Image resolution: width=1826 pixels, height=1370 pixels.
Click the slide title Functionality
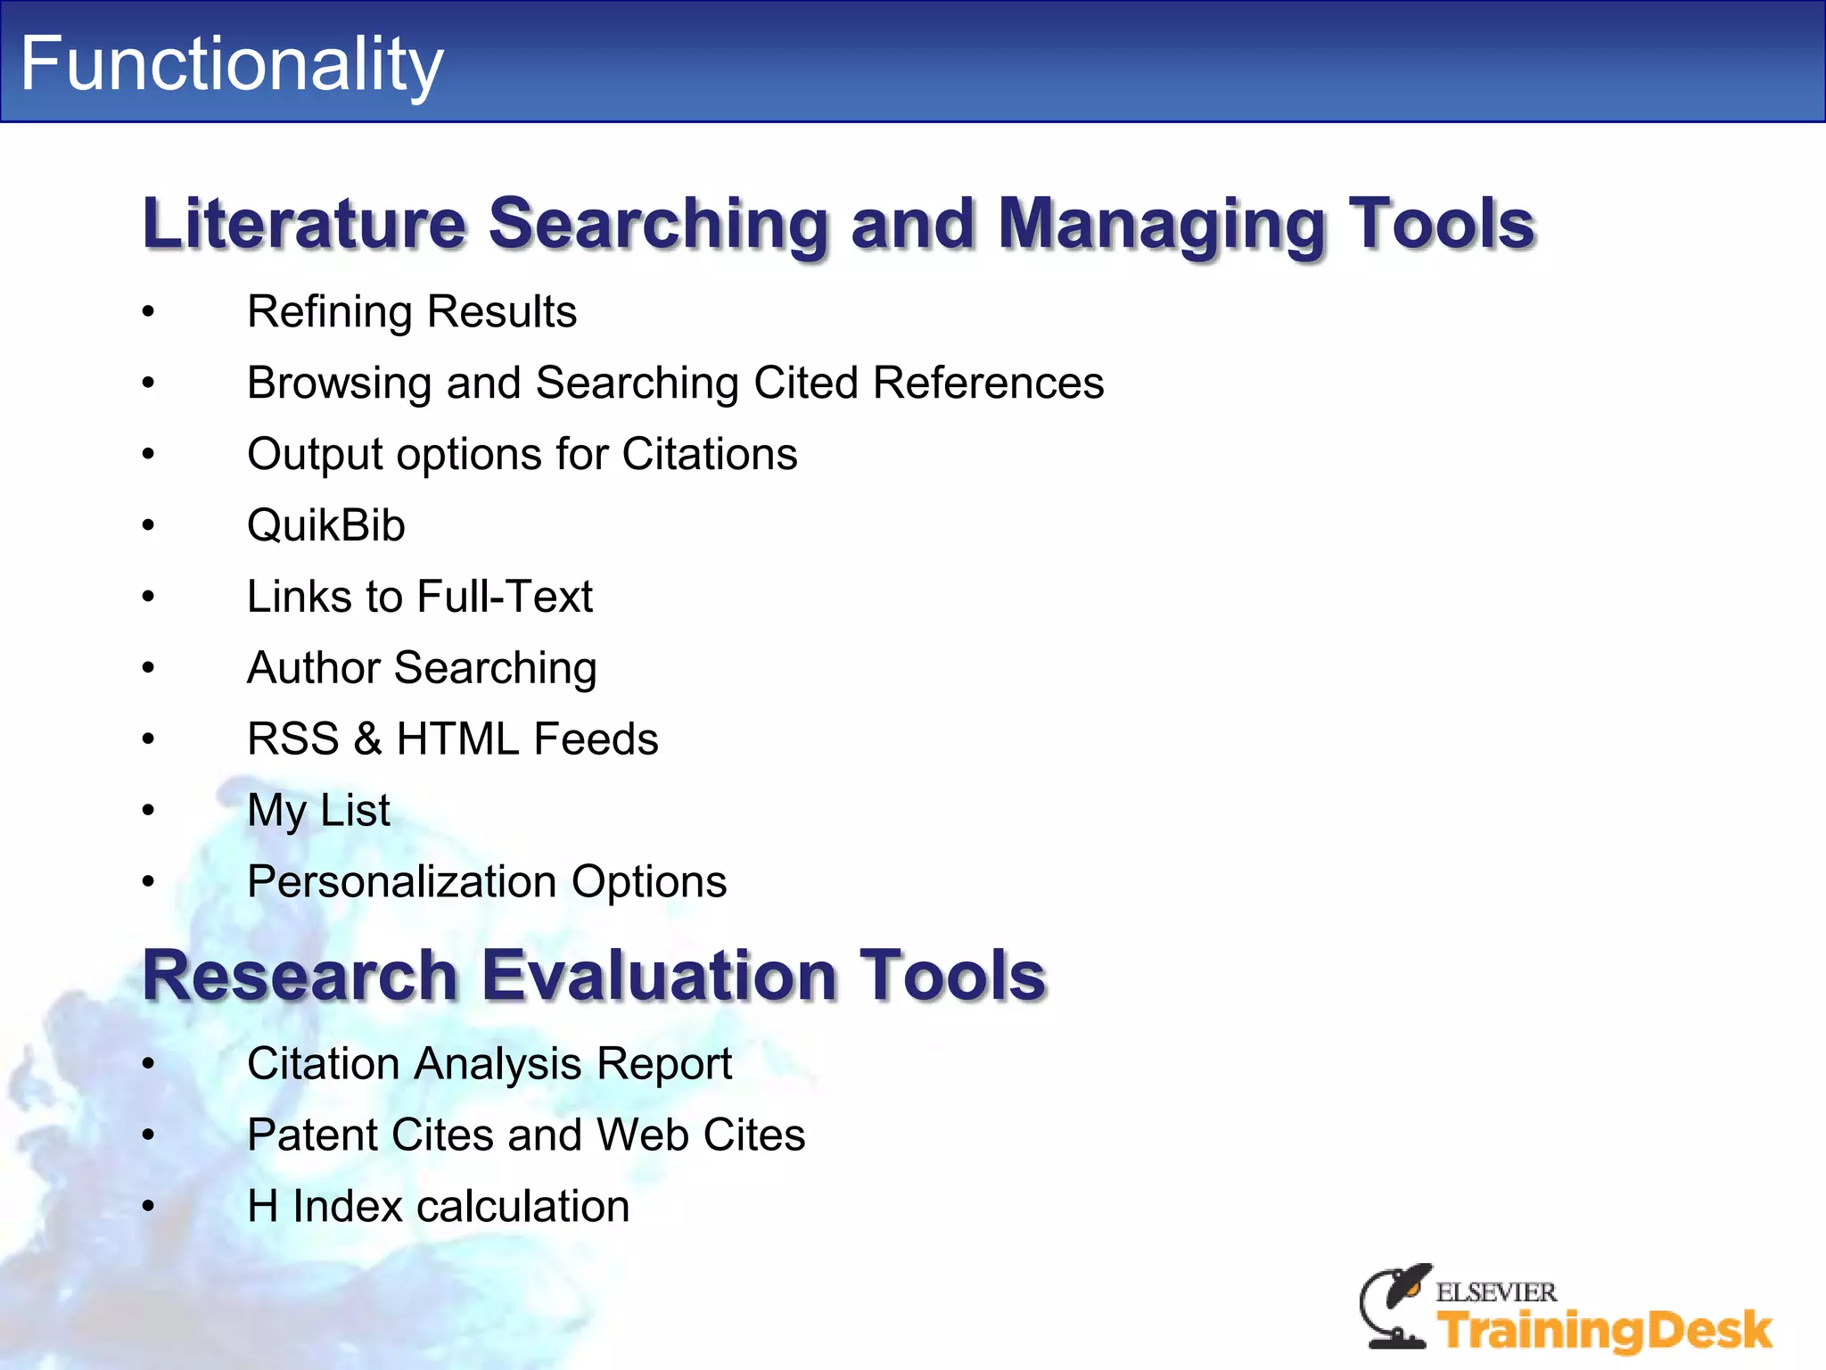pos(231,64)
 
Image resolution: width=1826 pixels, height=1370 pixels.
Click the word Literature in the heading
pos(304,223)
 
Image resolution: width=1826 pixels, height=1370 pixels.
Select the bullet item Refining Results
pos(412,312)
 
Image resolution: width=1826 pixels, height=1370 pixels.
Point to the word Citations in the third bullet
pos(709,454)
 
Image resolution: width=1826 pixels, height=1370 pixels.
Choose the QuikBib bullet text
pos(326,525)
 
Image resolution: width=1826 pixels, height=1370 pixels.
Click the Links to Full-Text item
pos(420,597)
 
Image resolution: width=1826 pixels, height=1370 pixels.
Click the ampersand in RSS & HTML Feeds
pos(367,739)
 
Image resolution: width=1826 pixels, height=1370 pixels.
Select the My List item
pos(318,811)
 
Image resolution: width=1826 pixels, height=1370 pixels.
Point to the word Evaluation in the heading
pos(659,975)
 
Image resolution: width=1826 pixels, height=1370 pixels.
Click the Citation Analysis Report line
pos(489,1064)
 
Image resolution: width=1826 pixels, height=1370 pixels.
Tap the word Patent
pos(311,1135)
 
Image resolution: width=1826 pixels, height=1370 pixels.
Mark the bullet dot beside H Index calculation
pos(148,1207)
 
